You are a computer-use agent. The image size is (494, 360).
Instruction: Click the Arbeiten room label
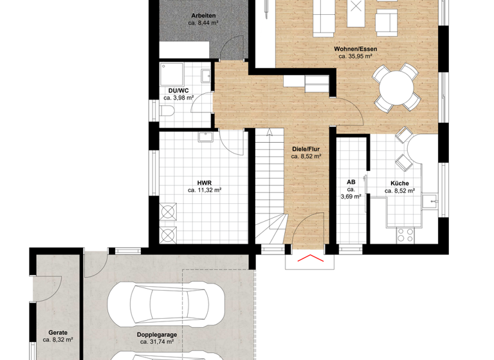pyautogui.click(x=203, y=15)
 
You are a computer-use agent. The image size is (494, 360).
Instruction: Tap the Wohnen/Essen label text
pyautogui.click(x=355, y=49)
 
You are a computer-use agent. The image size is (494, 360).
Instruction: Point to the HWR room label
pyautogui.click(x=204, y=183)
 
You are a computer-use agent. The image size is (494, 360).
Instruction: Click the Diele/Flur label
pyautogui.click(x=306, y=147)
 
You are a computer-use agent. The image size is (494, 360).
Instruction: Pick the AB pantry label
pyautogui.click(x=351, y=181)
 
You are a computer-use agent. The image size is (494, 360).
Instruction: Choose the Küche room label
pyautogui.click(x=399, y=183)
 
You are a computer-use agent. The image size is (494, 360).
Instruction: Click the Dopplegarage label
pyautogui.click(x=156, y=335)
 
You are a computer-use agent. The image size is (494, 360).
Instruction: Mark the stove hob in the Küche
pyautogui.click(x=405, y=235)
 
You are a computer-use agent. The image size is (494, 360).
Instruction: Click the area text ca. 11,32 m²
pyautogui.click(x=205, y=190)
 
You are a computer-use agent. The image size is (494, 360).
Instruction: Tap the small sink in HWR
pyautogui.click(x=205, y=136)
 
